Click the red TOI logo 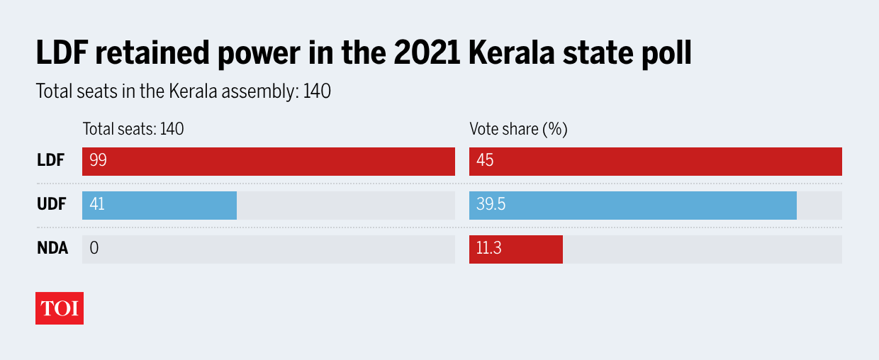60,308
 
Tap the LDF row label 50,162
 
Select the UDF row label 51,206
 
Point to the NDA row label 52,249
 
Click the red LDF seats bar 268,162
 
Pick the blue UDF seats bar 159,206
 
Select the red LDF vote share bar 655,162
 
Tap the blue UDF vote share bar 632,206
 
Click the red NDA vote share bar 515,249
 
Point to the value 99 98,162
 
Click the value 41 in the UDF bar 97,206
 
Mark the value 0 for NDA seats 94,249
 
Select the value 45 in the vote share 485,162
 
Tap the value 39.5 491,206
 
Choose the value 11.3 488,249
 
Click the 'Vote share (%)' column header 518,130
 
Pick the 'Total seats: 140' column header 133,130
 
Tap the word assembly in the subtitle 260,92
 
